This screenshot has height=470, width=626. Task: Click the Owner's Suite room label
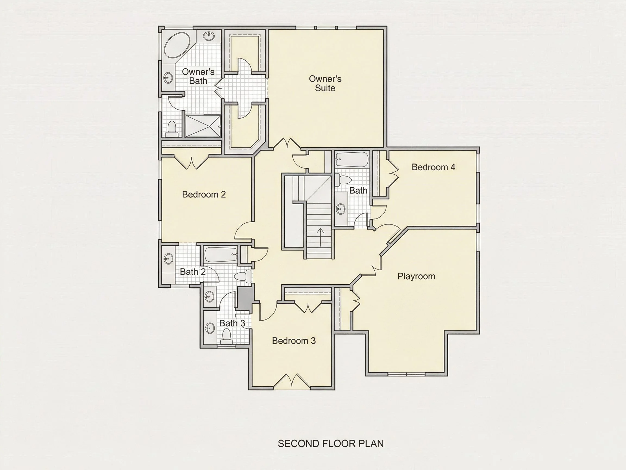point(325,83)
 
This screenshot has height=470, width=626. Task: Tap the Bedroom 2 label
point(204,194)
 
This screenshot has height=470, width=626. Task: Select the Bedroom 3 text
point(294,341)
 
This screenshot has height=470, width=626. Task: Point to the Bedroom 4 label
point(433,167)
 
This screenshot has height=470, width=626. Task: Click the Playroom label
point(416,276)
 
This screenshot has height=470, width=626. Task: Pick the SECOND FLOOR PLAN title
point(331,444)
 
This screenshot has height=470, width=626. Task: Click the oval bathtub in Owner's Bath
point(177,46)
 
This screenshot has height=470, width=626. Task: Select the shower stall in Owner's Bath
point(203,126)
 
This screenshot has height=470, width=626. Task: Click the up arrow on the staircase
point(320,237)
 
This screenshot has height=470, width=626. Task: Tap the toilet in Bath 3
point(226,338)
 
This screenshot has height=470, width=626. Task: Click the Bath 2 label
point(193,272)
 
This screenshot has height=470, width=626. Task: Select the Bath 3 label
point(232,323)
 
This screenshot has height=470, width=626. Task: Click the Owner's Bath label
point(198,76)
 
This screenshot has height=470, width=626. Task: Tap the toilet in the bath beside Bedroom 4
point(343,180)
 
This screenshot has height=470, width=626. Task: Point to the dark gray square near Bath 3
point(244,298)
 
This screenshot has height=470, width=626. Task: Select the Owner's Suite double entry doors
point(287,143)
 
